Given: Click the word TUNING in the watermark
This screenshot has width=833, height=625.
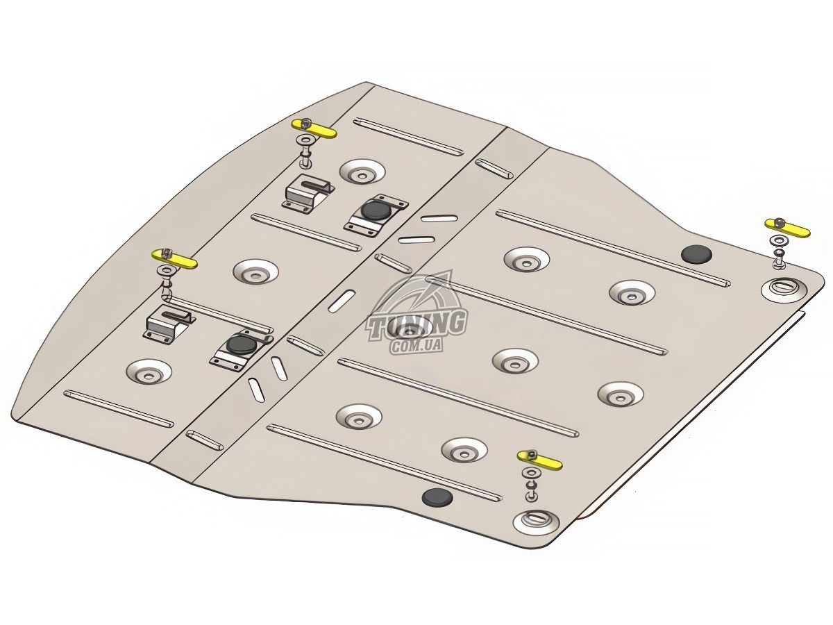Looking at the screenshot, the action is pyautogui.click(x=416, y=325).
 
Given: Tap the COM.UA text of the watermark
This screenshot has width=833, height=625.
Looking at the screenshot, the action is pyautogui.click(x=416, y=346).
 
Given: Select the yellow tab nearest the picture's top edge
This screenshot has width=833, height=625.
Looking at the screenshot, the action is pyautogui.click(x=314, y=129).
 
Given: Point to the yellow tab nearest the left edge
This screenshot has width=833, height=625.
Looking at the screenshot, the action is pyautogui.click(x=174, y=260).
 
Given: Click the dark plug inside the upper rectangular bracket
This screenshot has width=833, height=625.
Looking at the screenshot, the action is pyautogui.click(x=376, y=211).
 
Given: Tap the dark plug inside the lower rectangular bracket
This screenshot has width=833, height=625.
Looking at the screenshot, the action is pyautogui.click(x=242, y=344).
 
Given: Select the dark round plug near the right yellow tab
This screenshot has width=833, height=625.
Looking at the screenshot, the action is pyautogui.click(x=696, y=254).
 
